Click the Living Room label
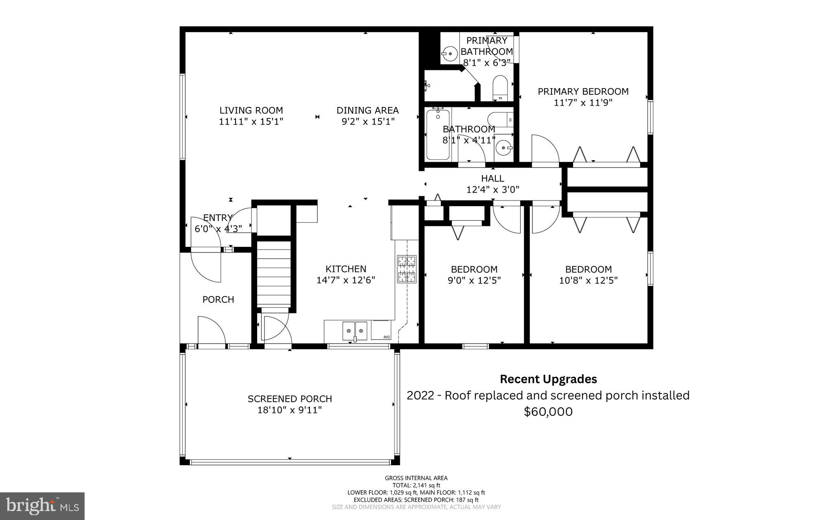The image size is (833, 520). point(251,110)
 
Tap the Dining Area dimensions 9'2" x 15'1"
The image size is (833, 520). point(368,122)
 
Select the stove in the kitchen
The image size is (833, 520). point(407,269)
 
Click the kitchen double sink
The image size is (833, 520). point(355,330)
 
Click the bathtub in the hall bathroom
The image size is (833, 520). point(438,135)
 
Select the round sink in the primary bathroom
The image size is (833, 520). point(450,53)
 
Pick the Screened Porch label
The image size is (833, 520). point(290,399)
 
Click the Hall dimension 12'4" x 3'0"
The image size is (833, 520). point(493,189)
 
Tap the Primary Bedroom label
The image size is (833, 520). point(583,91)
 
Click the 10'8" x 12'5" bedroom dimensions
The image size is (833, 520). point(588,281)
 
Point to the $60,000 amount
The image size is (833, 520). point(548,412)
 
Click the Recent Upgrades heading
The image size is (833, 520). point(548,379)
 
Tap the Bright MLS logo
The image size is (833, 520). point(42,506)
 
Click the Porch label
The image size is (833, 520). point(218,300)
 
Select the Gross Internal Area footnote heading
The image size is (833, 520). point(416,478)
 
